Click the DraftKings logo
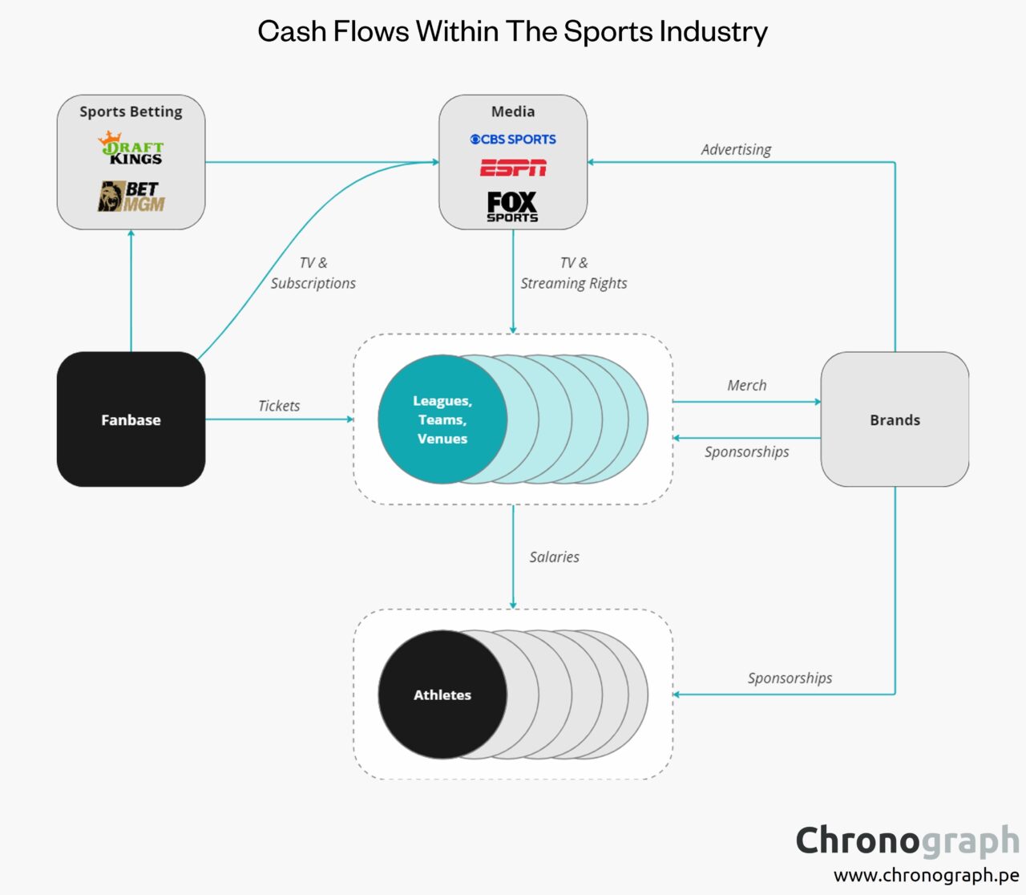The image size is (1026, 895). pos(131,148)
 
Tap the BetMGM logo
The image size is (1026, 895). pos(131,196)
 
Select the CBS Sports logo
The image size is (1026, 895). pos(513,140)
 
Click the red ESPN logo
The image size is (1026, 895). pos(513,168)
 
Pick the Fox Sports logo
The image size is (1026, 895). pos(512,206)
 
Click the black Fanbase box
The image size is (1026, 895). pos(131,419)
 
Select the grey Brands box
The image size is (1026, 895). pos(895,419)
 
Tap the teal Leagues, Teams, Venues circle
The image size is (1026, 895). pos(442,419)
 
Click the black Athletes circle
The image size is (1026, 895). pos(442,695)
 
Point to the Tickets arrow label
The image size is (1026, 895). pos(279,406)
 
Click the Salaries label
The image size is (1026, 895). pos(554,557)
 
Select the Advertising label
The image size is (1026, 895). pos(736,149)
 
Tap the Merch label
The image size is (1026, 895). pos(746,385)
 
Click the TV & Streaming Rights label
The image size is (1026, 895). pos(574,273)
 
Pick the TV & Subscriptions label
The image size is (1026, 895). pos(313,273)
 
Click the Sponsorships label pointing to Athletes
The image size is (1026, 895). pos(790,678)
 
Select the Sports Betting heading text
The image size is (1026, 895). pos(131,111)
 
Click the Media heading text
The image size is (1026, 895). pos(513,111)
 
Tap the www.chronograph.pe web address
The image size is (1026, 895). pos(926,875)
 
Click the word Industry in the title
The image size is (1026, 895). pos(713,31)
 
